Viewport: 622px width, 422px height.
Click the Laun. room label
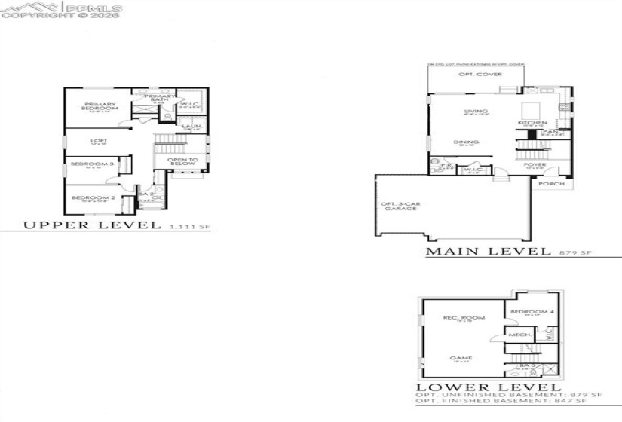click(190, 127)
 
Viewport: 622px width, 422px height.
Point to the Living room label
click(471, 112)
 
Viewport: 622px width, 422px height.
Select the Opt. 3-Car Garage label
click(399, 206)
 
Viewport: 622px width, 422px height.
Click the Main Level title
click(488, 252)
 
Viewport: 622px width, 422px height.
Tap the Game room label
click(458, 359)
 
